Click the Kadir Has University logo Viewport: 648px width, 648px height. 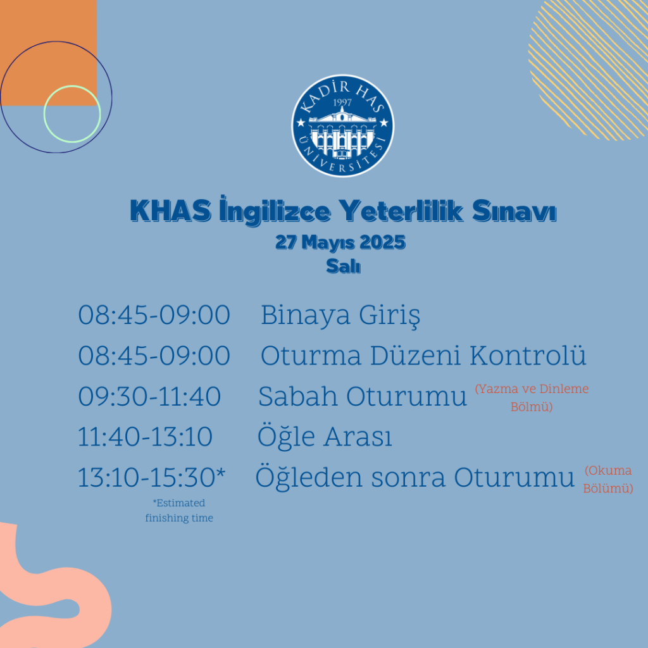(x=342, y=126)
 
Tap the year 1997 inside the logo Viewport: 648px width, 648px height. (x=342, y=103)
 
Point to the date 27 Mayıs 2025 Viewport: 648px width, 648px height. (x=340, y=242)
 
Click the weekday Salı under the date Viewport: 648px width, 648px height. (x=343, y=266)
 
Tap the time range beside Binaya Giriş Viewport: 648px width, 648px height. (x=154, y=315)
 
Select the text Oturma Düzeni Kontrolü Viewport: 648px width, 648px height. (x=423, y=356)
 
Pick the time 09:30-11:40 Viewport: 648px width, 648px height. (x=149, y=396)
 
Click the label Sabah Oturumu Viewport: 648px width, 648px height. (x=363, y=396)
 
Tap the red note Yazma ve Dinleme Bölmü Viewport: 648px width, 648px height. (x=532, y=397)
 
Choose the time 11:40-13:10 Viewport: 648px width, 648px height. (x=145, y=437)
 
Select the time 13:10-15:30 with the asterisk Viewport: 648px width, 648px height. (x=152, y=477)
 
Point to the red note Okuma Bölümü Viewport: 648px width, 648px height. (x=608, y=480)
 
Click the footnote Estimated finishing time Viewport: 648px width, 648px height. (x=179, y=511)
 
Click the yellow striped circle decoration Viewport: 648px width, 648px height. (x=589, y=70)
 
